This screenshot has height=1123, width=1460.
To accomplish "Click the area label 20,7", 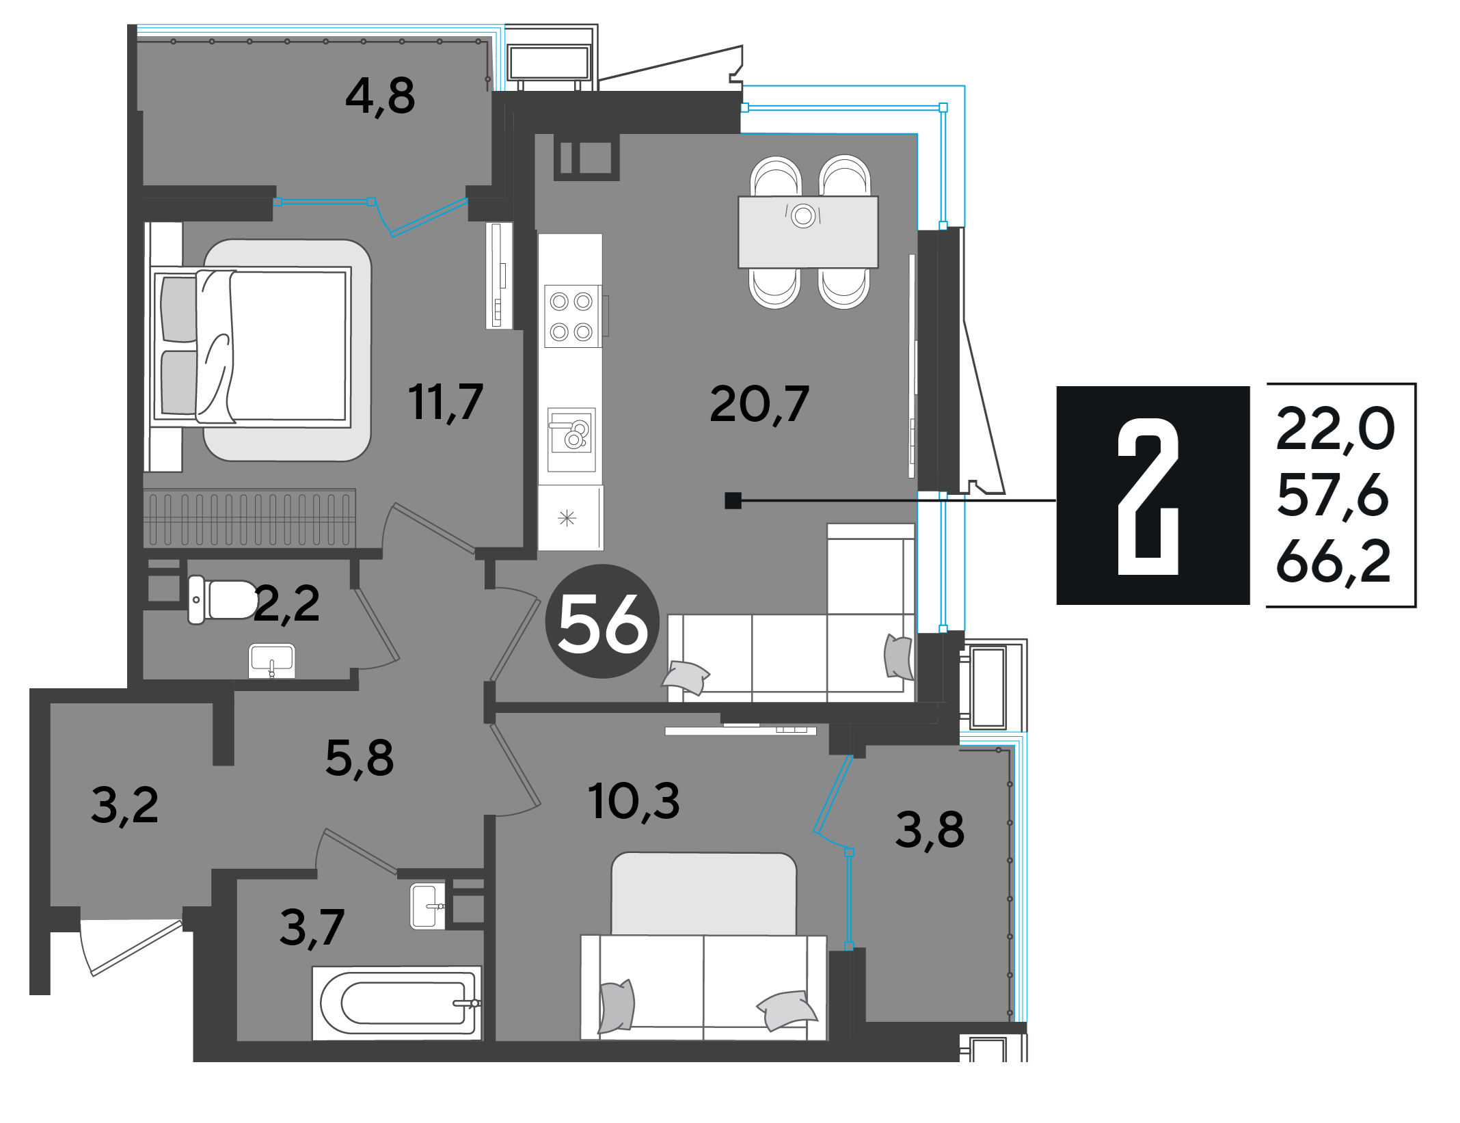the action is (x=759, y=404).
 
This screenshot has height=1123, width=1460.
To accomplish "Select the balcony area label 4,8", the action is (x=380, y=96).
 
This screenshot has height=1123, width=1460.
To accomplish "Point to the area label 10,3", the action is (x=634, y=800).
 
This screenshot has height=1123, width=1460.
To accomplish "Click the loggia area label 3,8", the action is (x=930, y=830).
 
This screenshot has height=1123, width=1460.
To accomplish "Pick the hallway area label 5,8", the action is (x=360, y=759).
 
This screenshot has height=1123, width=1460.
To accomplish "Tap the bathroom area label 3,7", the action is (x=312, y=928).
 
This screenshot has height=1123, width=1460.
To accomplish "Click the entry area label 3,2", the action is (x=124, y=807).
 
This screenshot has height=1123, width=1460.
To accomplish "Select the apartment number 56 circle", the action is (x=602, y=621).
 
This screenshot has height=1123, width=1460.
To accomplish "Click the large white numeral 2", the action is (x=1148, y=496).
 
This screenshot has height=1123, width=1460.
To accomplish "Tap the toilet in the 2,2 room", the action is (x=223, y=600).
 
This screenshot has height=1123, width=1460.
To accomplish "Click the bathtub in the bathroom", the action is (x=397, y=1003).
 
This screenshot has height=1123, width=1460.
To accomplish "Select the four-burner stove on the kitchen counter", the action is (x=573, y=316).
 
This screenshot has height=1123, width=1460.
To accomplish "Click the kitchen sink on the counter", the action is (x=571, y=439).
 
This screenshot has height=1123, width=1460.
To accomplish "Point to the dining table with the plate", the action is (x=808, y=232).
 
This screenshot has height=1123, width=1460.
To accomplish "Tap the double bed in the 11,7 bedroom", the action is (x=252, y=347).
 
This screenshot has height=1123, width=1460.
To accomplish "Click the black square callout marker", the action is (x=733, y=500).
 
